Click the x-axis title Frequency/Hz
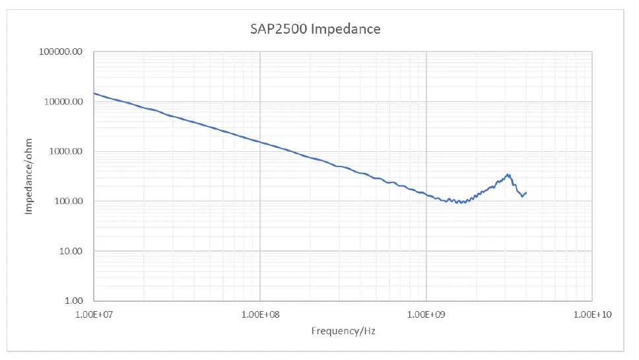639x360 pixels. click(343, 330)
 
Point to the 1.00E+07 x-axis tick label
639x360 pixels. click(94, 314)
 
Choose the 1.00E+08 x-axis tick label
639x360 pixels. click(260, 314)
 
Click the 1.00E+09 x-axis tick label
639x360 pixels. click(426, 314)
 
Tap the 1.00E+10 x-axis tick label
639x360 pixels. click(591, 314)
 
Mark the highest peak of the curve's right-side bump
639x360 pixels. click(508, 174)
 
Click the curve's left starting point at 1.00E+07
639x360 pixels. click(94, 93)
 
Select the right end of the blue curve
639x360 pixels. click(526, 192)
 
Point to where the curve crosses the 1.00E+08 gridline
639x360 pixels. click(260, 143)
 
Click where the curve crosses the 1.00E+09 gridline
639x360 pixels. click(426, 195)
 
